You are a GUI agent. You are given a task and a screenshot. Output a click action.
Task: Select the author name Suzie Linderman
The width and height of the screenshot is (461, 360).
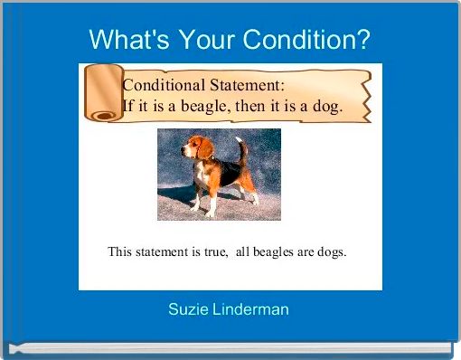tap(229, 309)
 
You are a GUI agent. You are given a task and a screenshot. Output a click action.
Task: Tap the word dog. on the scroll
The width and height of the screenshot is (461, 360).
tap(325, 106)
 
